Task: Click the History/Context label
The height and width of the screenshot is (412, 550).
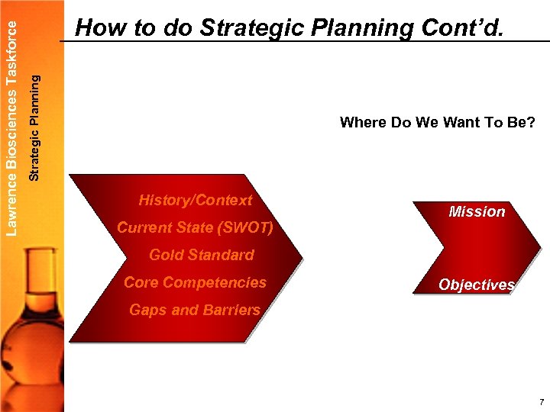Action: [195, 201]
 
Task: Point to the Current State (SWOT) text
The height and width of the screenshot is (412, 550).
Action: [195, 228]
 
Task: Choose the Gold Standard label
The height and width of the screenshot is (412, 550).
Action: [201, 255]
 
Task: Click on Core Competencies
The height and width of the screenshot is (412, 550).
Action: [195, 282]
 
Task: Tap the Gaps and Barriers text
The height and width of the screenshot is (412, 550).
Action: [195, 310]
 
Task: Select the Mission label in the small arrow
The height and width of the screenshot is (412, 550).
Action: [477, 211]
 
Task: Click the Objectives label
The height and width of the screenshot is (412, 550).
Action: [477, 285]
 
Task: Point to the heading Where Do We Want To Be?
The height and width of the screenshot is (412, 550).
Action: [437, 122]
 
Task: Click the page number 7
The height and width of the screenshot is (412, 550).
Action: [541, 402]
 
